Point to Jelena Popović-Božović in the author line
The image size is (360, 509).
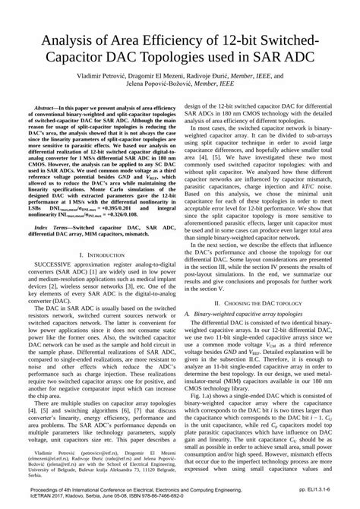pyautogui.click(x=179, y=87)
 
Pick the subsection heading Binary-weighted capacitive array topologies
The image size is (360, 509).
pyautogui.click(x=244, y=313)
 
